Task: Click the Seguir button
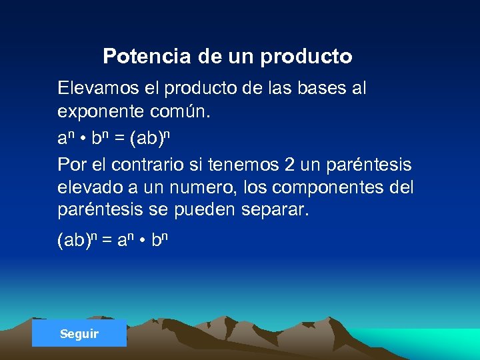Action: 79,333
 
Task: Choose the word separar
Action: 275,211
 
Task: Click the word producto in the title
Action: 306,57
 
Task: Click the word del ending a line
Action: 401,187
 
